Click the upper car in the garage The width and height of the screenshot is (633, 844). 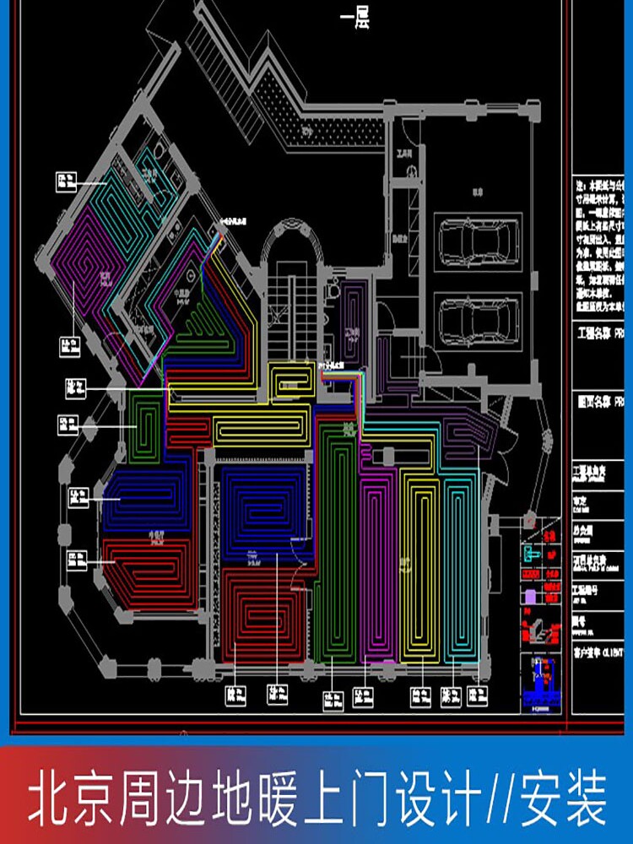pos(479,243)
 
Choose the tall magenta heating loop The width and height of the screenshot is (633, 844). pos(376,565)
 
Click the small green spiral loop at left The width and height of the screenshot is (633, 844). pos(149,422)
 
